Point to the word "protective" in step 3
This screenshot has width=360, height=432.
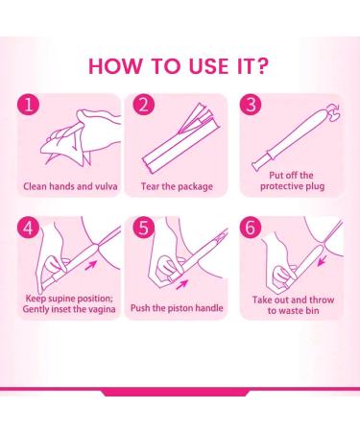pyautogui.click(x=287, y=189)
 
